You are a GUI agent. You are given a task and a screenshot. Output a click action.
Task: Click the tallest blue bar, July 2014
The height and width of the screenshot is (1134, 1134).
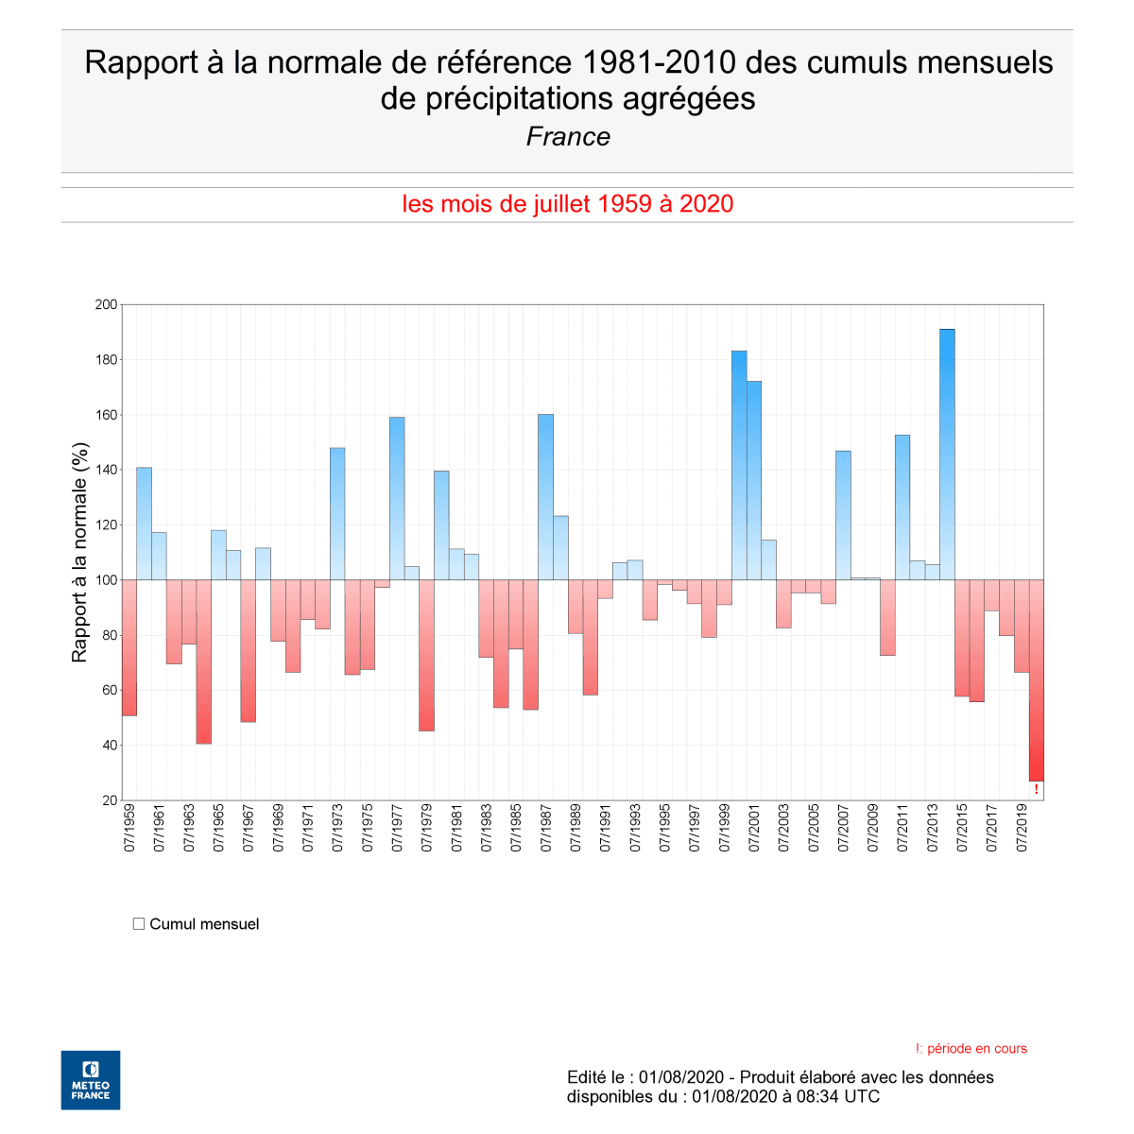coord(947,454)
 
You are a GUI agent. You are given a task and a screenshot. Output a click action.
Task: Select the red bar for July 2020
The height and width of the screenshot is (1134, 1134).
coord(1036,680)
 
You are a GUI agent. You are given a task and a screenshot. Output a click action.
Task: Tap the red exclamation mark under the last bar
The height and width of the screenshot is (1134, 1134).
coord(1036,789)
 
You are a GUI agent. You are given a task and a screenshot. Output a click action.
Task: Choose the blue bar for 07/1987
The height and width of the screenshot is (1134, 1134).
coord(545,497)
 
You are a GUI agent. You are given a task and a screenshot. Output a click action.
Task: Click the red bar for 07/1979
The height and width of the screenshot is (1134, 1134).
coord(426,655)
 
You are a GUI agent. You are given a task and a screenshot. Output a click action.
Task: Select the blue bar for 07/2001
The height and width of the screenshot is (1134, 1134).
coord(754,480)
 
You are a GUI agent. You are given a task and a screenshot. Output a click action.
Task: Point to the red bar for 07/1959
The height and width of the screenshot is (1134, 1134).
coord(129,647)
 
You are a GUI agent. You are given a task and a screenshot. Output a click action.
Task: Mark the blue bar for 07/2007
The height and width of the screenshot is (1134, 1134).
coord(843,515)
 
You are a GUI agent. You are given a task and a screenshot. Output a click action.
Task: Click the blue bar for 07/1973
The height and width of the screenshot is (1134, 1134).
coord(337,513)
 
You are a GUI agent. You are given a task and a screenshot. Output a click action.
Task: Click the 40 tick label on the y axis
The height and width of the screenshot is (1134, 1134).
coord(110,746)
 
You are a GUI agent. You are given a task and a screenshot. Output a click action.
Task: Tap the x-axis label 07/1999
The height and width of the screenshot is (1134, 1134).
coord(724,829)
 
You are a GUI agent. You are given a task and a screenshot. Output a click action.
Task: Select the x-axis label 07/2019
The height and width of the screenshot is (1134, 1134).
coord(1022,829)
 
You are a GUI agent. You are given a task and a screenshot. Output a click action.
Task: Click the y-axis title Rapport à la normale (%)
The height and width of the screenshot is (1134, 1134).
coord(79,552)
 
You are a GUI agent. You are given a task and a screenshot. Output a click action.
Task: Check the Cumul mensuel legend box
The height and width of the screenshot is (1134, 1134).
coord(139,924)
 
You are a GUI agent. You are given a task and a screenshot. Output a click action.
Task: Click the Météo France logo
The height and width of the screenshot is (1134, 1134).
coord(91,1080)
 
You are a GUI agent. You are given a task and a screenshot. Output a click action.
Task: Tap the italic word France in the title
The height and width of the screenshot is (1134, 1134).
coord(568,137)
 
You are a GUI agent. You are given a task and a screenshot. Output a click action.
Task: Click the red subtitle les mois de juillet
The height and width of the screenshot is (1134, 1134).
coord(567,204)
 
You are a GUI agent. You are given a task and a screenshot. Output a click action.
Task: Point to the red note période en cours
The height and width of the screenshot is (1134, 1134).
coord(971,1049)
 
